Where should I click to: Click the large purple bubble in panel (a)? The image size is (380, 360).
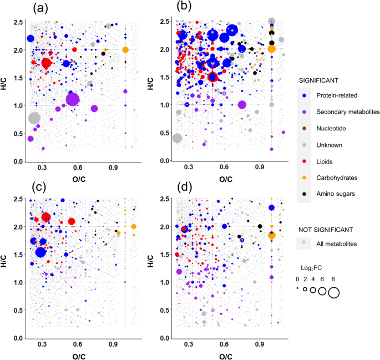73,99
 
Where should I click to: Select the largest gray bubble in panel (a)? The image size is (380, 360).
34,118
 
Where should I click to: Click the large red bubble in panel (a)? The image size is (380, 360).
46,63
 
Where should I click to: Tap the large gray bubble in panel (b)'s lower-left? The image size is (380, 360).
177,138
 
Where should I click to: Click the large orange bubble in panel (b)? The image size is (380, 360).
271,49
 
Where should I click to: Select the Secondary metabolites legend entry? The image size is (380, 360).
340,112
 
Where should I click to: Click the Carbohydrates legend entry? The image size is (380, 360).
332,178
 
